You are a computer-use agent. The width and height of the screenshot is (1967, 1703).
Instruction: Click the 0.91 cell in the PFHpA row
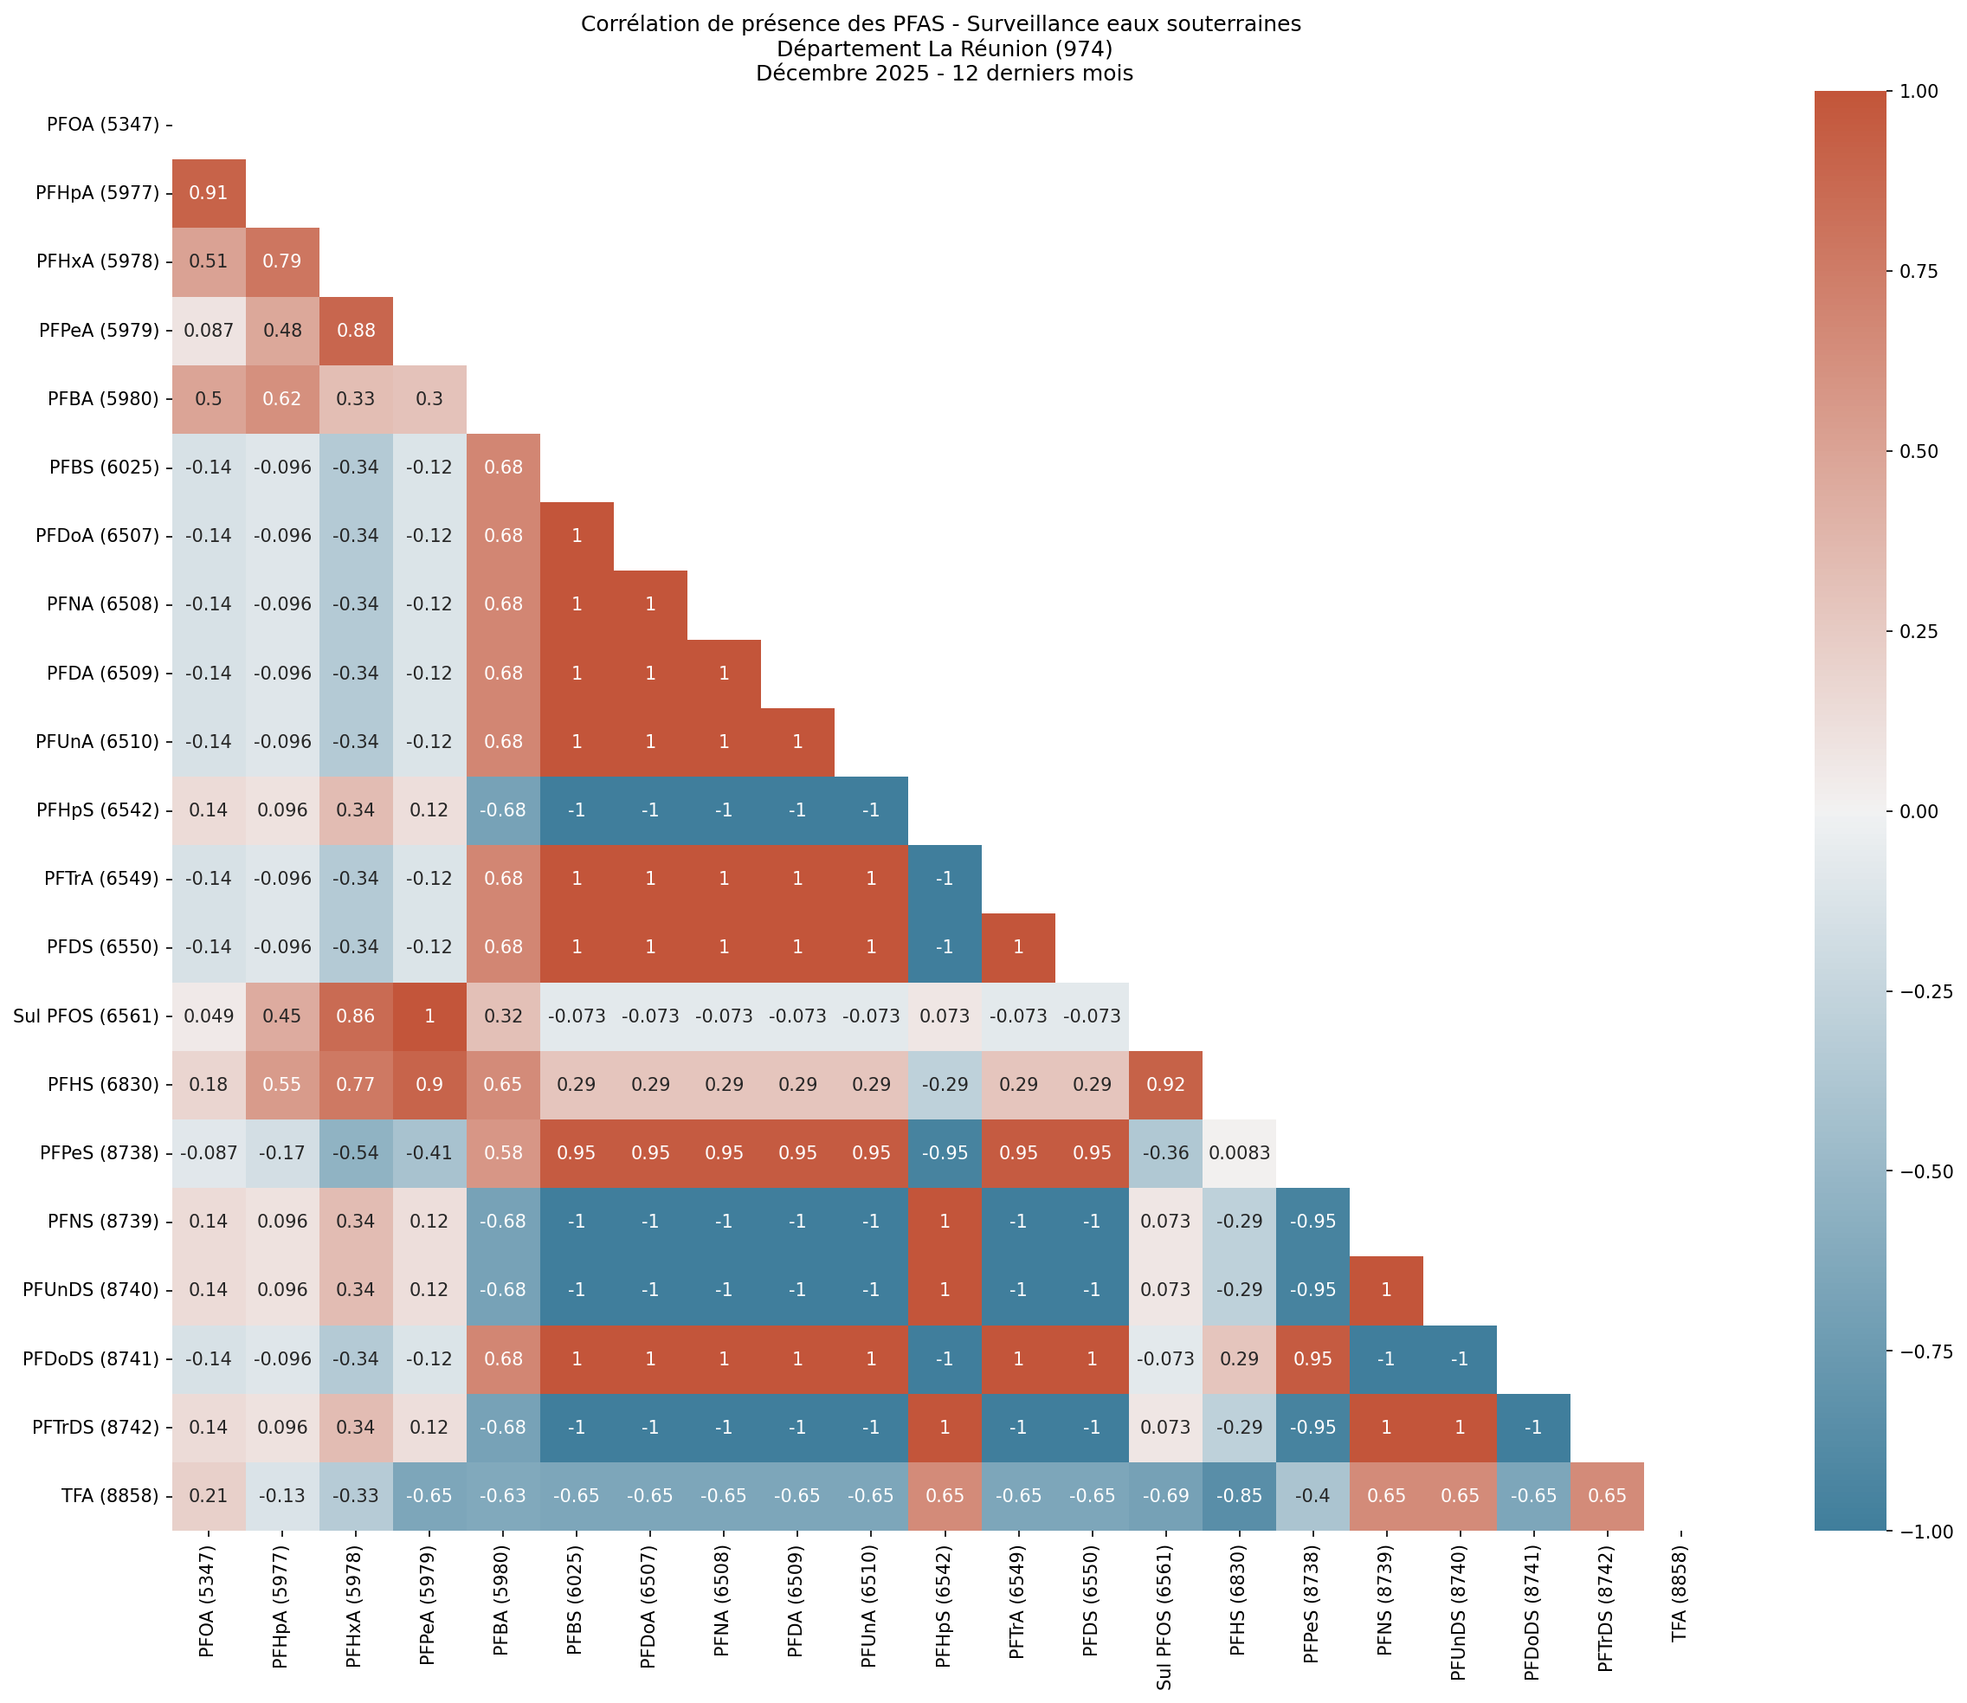coord(208,193)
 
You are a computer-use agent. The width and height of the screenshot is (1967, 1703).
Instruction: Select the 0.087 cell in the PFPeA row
coord(208,331)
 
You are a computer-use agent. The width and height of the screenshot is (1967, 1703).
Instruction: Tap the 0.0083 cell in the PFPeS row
coord(1238,1152)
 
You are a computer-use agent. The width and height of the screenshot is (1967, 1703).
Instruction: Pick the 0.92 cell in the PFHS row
coord(1165,1084)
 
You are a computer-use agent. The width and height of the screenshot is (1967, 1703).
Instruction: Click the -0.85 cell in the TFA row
coord(1238,1496)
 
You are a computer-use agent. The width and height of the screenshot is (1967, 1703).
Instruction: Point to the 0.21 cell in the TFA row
coord(208,1496)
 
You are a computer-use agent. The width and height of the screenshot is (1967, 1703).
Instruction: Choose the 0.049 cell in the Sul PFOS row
coord(208,1016)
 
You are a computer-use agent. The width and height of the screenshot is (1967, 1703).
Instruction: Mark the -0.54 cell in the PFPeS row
coord(355,1152)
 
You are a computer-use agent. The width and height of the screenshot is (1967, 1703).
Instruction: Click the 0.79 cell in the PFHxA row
coord(282,262)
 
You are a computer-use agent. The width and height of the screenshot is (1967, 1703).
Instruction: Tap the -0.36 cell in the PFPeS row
coord(1165,1152)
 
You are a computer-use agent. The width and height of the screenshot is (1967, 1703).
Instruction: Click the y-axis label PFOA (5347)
coord(103,125)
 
